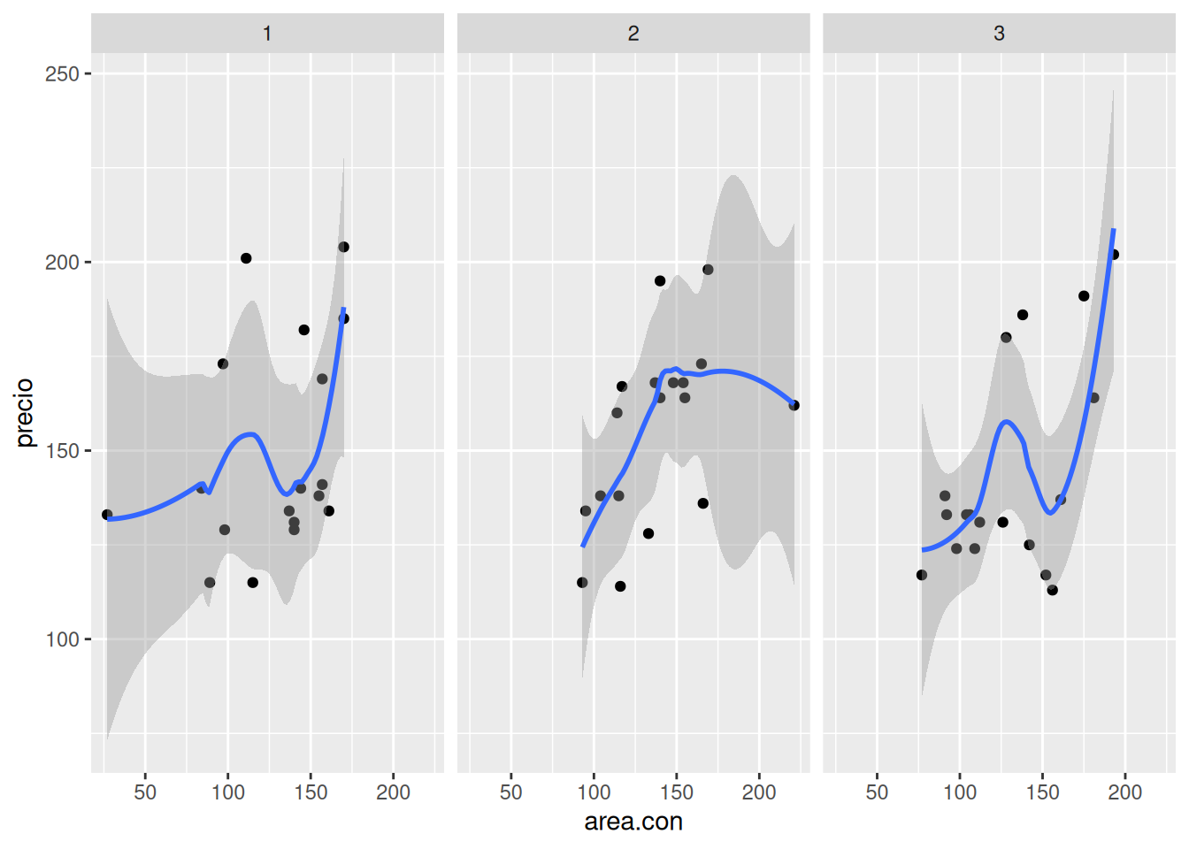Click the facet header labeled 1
pos(267,34)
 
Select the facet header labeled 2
pos(633,34)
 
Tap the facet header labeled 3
pos(999,34)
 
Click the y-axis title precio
pos(25,412)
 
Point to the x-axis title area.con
pos(633,822)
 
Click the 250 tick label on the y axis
pos(62,74)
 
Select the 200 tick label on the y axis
pos(62,263)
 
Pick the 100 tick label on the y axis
pos(62,639)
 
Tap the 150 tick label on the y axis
pos(62,451)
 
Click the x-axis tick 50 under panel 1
pos(145,792)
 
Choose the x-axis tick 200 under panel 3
pos(1125,792)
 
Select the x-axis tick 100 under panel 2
pos(594,792)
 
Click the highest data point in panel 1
pos(344,247)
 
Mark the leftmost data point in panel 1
pos(107,515)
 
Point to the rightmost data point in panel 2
pos(794,405)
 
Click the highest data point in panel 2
pos(708,270)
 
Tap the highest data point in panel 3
pos(1114,255)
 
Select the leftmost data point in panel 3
pos(922,575)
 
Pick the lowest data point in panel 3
pos(1053,590)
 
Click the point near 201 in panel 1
pos(246,258)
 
